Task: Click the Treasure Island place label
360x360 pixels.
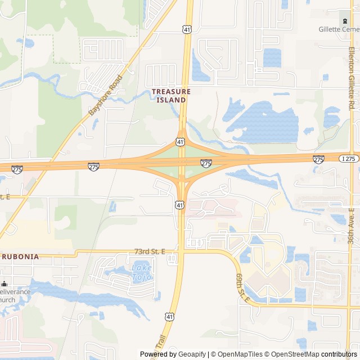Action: [x=171, y=96]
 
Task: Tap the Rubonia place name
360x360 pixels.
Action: [x=20, y=256]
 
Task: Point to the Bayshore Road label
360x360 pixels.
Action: [x=105, y=96]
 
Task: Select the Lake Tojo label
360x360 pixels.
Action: [x=141, y=272]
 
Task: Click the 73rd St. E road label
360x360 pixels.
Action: [x=150, y=252]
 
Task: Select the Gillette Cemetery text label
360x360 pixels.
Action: [x=339, y=29]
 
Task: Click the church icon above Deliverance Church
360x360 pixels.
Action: [x=3, y=283]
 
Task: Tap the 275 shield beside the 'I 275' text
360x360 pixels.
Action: [x=318, y=160]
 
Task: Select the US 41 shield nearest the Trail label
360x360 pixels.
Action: [x=169, y=318]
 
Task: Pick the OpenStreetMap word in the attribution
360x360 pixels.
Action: [x=296, y=354]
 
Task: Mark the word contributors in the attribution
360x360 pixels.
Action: [x=339, y=354]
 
